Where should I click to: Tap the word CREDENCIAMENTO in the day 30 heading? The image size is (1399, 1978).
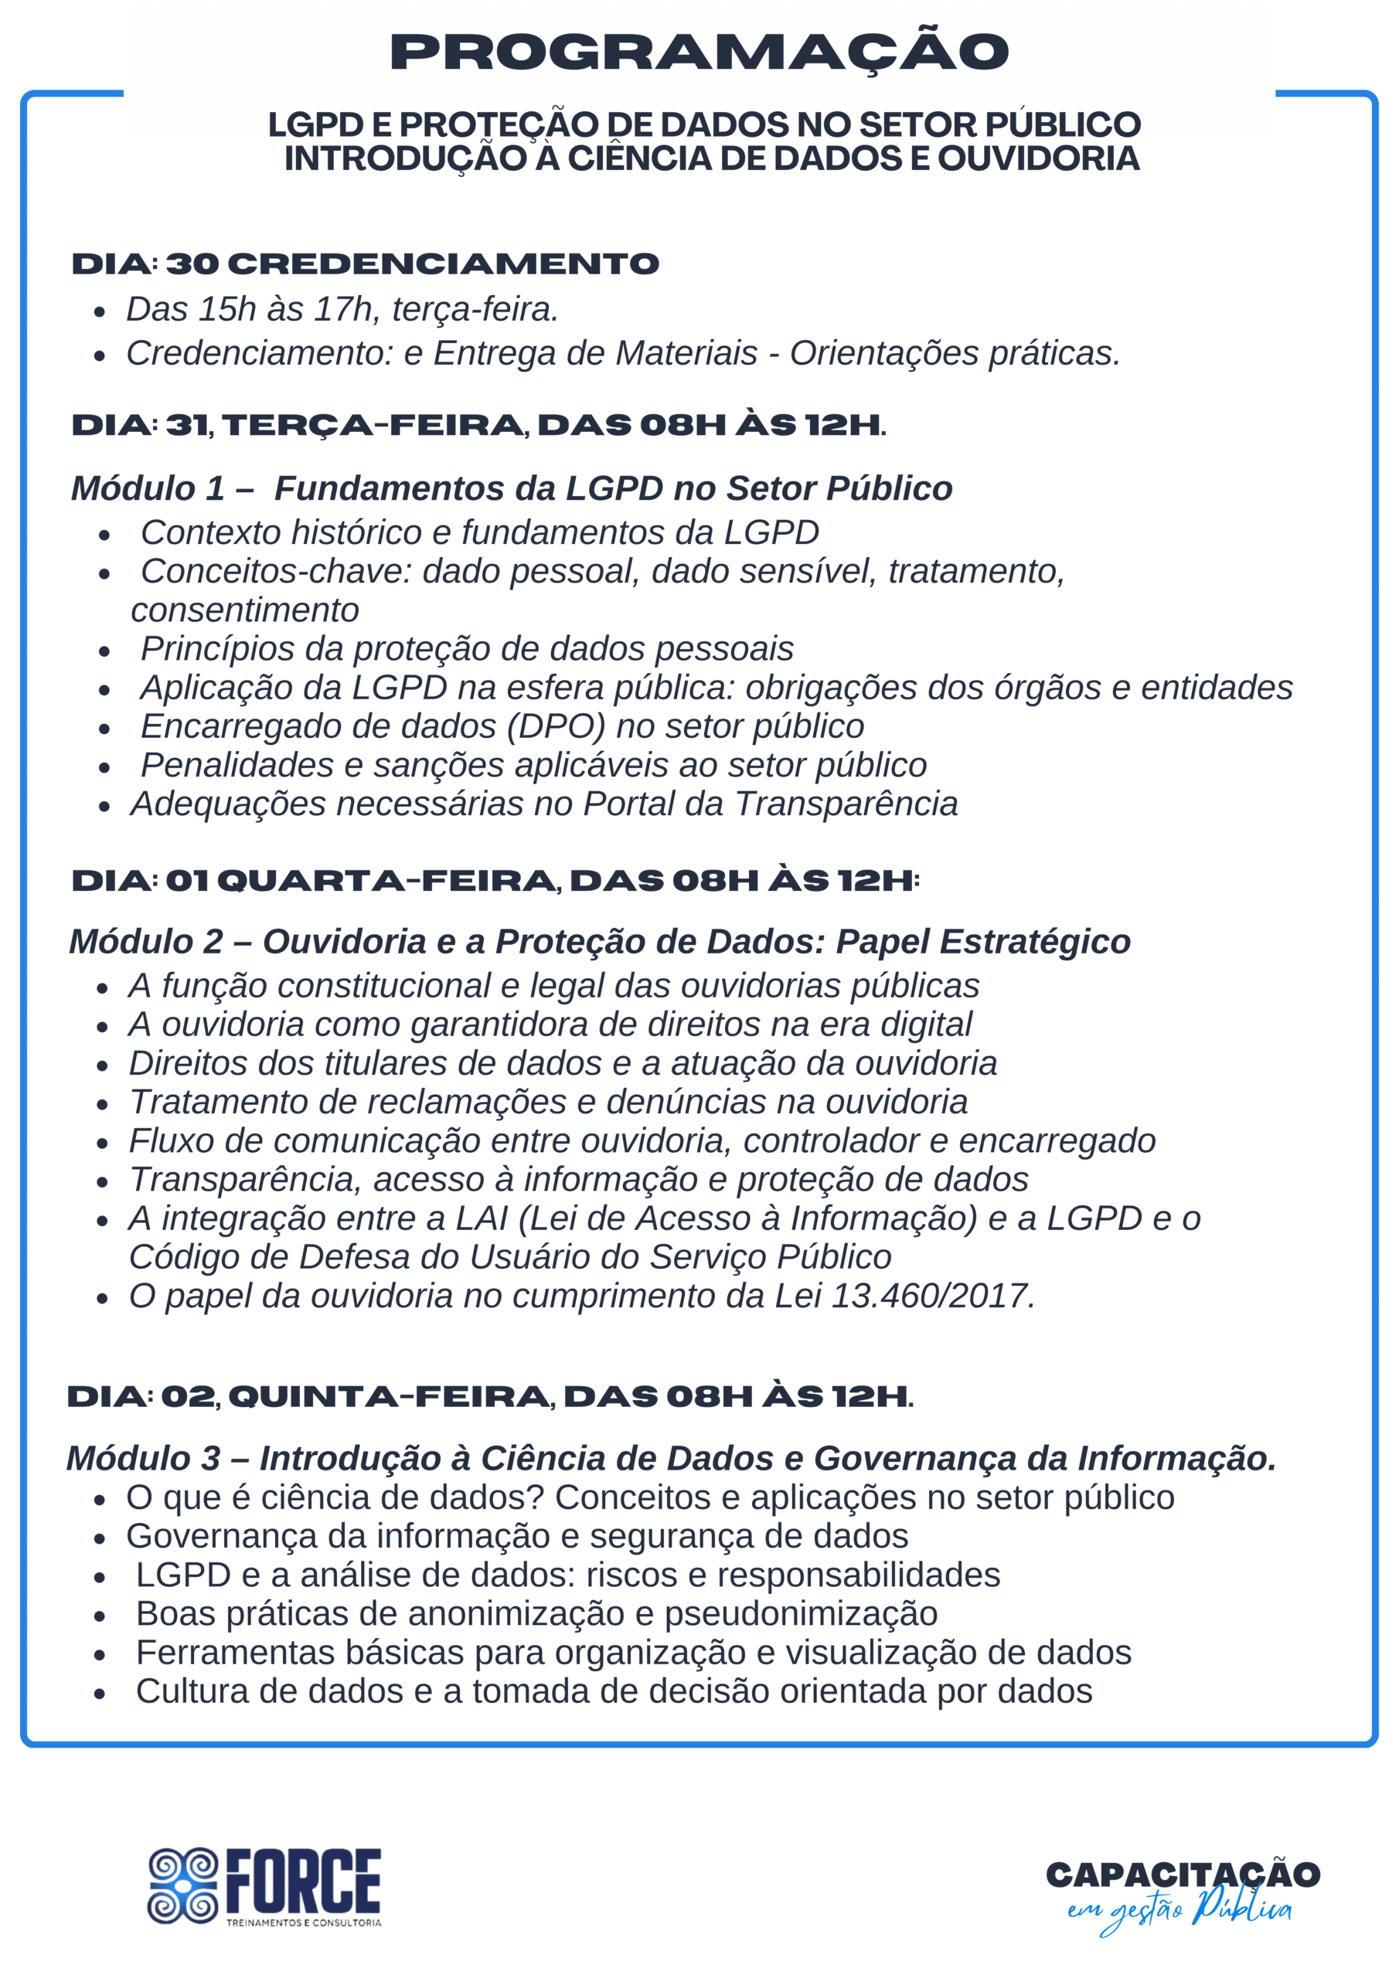point(444,263)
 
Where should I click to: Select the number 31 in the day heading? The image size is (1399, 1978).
point(186,425)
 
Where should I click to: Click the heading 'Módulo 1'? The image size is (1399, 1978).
point(148,488)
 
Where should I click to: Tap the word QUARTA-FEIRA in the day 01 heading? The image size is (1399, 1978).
point(387,881)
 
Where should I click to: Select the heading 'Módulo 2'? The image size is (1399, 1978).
point(147,942)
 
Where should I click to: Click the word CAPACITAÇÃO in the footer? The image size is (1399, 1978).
point(1183,1874)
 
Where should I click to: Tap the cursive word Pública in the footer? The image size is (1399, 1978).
point(1241,1909)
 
